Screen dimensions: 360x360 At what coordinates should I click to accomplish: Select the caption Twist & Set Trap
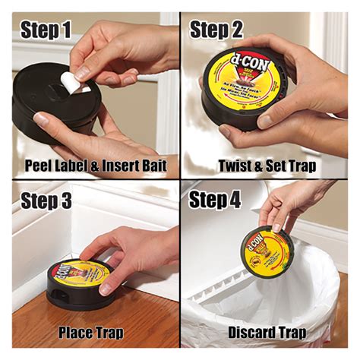(267, 164)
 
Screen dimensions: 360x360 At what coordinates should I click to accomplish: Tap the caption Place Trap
(90, 332)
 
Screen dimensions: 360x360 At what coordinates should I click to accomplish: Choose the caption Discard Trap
(267, 332)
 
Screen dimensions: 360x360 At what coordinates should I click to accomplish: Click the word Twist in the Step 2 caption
(235, 164)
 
